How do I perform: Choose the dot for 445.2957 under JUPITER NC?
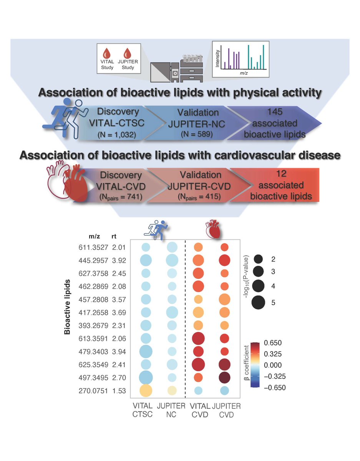click(x=172, y=260)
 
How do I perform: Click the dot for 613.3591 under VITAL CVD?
click(x=198, y=338)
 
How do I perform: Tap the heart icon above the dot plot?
click(x=212, y=229)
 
